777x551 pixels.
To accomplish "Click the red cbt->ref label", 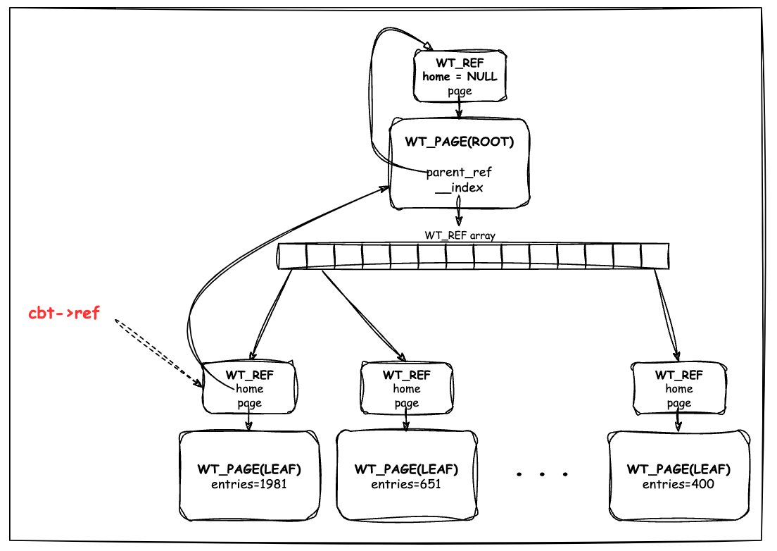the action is [x=64, y=313].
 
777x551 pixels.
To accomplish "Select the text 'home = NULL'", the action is [x=460, y=76].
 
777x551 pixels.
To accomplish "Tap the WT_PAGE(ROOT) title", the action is [x=460, y=142].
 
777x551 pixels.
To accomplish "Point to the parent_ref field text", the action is [x=459, y=172].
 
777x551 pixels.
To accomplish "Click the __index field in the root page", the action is [x=459, y=187].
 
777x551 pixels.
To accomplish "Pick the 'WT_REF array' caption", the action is [x=460, y=235].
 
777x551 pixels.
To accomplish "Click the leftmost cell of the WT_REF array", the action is [x=292, y=256].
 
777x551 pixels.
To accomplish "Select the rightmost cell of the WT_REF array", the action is [x=655, y=256].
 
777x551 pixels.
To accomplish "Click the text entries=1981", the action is [x=249, y=484].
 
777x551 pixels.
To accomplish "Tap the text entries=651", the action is [x=406, y=484].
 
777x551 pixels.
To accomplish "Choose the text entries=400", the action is [x=678, y=484].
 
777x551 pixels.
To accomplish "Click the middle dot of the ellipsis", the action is [x=542, y=474].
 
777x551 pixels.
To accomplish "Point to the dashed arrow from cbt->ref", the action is [x=158, y=352].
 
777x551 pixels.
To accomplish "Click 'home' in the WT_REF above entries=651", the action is [x=407, y=389].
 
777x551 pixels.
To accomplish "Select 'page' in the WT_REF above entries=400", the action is [x=679, y=404].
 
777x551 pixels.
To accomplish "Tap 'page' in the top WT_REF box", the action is [x=460, y=92].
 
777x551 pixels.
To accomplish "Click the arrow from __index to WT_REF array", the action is [x=459, y=211].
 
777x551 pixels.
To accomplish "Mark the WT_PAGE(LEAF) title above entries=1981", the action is [x=249, y=469].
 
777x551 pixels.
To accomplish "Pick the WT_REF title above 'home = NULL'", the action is [x=460, y=63].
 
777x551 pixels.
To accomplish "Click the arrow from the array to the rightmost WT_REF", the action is [x=667, y=315].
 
